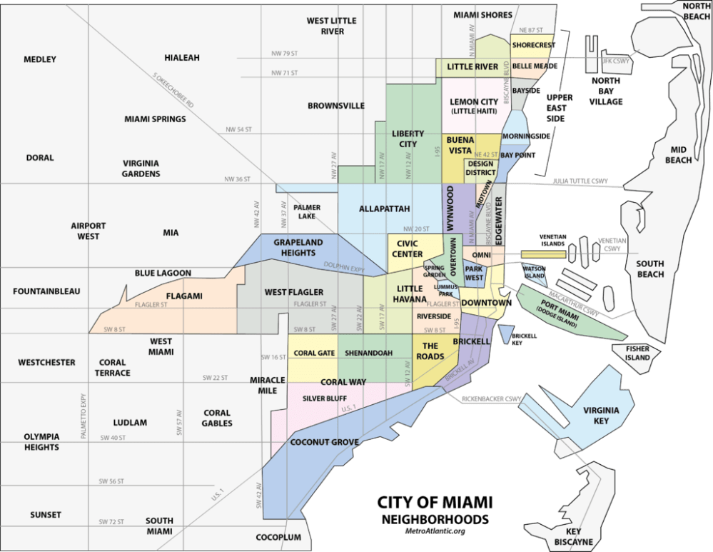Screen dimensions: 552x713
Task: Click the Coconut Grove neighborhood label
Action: (324, 442)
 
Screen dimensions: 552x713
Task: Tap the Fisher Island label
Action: (637, 353)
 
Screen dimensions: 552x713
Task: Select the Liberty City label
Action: (408, 139)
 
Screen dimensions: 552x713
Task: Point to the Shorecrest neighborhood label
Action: (534, 45)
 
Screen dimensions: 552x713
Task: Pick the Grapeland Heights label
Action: (298, 247)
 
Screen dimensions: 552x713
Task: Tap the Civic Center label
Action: (408, 249)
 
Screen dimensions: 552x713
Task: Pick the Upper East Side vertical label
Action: (555, 107)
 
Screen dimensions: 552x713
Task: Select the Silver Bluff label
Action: (324, 398)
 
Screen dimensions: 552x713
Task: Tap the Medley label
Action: (39, 59)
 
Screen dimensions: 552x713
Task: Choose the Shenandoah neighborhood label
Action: (368, 353)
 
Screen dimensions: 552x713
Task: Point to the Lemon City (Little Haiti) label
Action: (474, 106)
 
